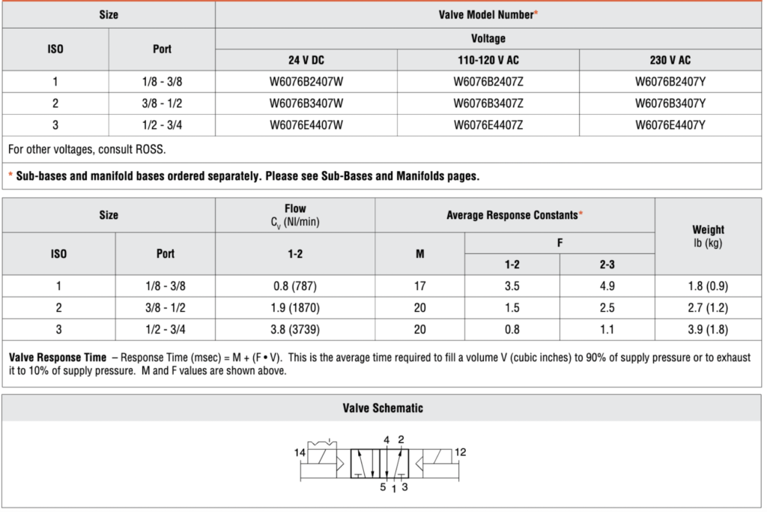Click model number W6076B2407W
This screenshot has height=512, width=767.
[x=306, y=81]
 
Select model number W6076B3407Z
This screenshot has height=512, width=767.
[x=488, y=103]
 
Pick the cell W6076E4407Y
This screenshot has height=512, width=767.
[x=670, y=125]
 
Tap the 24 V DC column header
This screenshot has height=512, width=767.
[x=306, y=60]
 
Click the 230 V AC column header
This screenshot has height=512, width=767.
[x=670, y=60]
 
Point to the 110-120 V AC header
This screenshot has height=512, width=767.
[x=488, y=60]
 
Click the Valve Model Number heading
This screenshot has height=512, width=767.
[x=488, y=15]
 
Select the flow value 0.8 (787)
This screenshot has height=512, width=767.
[x=295, y=286]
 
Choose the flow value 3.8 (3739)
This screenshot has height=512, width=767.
[x=295, y=330]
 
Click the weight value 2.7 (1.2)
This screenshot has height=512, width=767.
[x=708, y=308]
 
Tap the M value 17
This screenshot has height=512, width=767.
[x=419, y=286]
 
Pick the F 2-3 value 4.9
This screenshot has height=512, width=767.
[x=607, y=286]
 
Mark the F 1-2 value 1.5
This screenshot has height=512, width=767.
[x=512, y=308]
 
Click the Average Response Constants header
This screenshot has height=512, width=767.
[x=515, y=215]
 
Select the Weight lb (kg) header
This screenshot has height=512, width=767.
[x=708, y=236]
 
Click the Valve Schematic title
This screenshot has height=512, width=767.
[x=383, y=409]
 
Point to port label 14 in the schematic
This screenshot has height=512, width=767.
[x=300, y=453]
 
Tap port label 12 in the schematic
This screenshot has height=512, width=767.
[x=460, y=452]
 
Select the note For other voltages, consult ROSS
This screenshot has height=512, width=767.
[x=87, y=149]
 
